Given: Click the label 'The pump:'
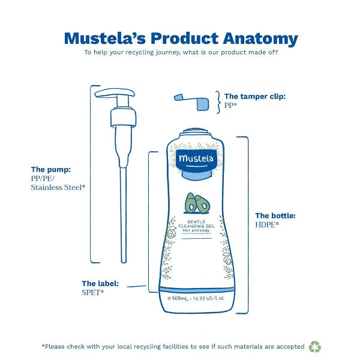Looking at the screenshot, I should coord(50,169).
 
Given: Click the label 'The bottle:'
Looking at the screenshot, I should coord(275,215).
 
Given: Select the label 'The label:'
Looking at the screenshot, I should coord(100,283).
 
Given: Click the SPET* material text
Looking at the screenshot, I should coord(93,292).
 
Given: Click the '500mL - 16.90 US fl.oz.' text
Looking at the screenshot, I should coord(197,298).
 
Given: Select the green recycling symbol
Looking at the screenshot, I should coord(315,347).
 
